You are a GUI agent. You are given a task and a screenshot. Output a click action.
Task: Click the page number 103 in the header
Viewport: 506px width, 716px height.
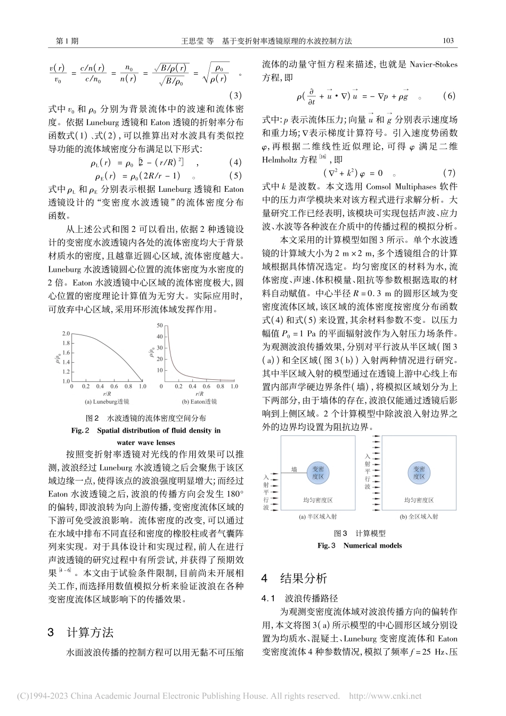(x=448, y=40)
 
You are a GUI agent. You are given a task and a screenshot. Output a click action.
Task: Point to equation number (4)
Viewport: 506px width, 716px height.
(x=235, y=162)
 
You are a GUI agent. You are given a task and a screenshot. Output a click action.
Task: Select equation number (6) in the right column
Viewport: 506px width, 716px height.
(x=448, y=96)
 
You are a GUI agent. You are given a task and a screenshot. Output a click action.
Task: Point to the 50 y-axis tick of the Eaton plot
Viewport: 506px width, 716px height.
(x=158, y=324)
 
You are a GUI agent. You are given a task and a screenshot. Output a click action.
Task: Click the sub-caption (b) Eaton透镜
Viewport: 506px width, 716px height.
(x=200, y=401)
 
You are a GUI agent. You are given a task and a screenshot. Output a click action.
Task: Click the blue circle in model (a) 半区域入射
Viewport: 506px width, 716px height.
(x=321, y=472)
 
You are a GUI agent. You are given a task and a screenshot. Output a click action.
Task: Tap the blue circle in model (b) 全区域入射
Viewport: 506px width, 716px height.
(x=419, y=472)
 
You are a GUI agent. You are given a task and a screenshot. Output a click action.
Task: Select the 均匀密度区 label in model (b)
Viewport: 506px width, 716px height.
(x=419, y=500)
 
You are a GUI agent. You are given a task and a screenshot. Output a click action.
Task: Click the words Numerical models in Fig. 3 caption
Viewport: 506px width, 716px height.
(x=372, y=545)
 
